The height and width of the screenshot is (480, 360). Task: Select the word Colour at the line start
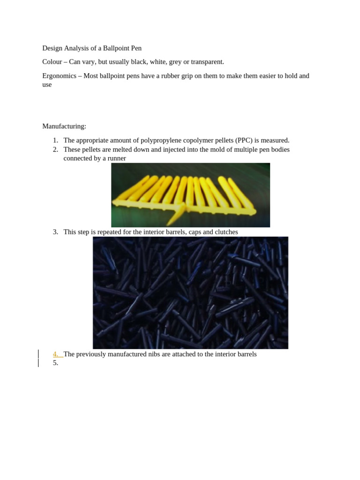(x=52, y=62)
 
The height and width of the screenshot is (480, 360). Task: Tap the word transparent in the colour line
(x=206, y=62)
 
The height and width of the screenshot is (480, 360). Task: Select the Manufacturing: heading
(x=64, y=126)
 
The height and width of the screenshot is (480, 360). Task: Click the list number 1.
(x=55, y=140)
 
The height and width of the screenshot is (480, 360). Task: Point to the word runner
(x=116, y=158)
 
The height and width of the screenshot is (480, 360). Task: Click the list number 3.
(x=55, y=232)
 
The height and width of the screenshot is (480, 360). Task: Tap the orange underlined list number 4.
(x=56, y=354)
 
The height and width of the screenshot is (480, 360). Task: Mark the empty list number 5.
(x=55, y=363)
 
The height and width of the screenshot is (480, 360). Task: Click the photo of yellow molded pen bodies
(x=190, y=195)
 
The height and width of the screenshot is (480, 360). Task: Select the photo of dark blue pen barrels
(x=190, y=292)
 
